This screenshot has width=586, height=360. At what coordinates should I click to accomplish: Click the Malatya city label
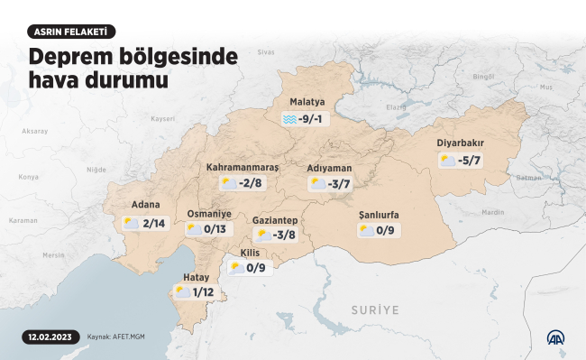coord(307,102)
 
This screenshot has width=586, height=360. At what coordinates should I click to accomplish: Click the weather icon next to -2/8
coord(229,183)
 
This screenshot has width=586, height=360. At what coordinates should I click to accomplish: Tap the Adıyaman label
coord(329,168)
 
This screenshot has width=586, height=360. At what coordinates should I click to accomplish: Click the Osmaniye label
coord(209,214)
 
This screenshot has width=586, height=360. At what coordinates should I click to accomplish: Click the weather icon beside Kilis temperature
coord(236,268)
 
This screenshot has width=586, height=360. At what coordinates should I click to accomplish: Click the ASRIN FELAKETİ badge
coord(71,32)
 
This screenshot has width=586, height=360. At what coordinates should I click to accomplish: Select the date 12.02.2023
coord(47,337)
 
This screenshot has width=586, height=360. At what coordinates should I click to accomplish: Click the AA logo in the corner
coord(557,337)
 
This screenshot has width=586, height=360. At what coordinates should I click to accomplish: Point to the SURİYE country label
coord(374,309)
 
